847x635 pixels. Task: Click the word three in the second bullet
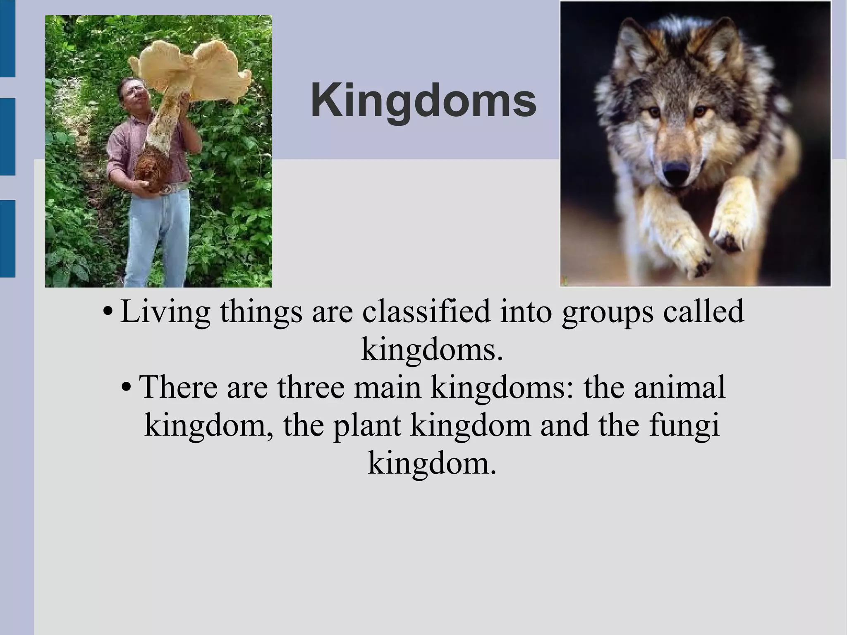[311, 387]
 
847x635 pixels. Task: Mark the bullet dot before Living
[108, 313]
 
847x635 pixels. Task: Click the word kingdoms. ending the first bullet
[432, 350]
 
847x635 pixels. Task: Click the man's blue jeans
[157, 236]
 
